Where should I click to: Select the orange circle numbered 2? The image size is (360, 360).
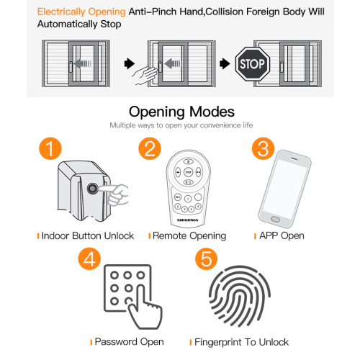[150, 150]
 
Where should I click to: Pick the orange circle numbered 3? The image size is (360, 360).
[261, 150]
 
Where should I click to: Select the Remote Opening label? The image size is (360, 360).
[189, 235]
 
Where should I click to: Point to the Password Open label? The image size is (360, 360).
[129, 341]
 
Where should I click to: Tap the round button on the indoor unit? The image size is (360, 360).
[94, 190]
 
